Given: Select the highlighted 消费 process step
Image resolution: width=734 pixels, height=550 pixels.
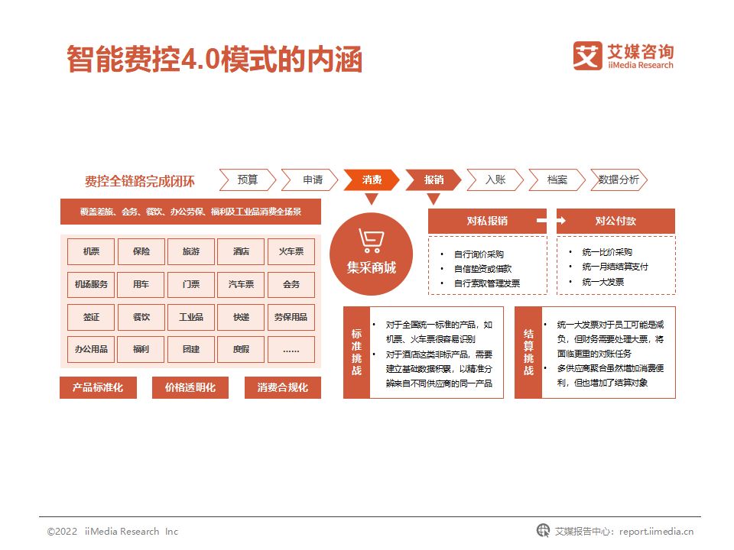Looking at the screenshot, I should (372, 180).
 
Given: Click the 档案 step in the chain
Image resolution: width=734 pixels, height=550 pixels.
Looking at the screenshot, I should (557, 180).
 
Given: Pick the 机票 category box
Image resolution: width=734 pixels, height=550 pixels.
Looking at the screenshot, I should (91, 251).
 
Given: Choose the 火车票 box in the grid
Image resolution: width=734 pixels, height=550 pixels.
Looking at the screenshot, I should (291, 251).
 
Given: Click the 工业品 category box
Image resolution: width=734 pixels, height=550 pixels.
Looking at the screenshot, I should (191, 317).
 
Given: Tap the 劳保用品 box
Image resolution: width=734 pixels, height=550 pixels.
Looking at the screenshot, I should (291, 317).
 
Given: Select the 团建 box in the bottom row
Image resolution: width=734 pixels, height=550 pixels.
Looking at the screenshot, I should (191, 350).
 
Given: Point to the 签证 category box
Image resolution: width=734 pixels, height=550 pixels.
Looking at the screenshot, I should (91, 317).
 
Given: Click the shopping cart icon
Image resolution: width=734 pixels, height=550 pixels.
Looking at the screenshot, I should (371, 241).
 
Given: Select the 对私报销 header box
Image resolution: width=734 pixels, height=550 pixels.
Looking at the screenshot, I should (487, 221).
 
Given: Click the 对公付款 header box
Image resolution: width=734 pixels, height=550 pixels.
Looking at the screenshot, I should (615, 221).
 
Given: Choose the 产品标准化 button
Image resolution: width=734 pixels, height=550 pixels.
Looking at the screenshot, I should (98, 387).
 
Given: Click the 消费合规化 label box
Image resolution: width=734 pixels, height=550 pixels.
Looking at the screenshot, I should (283, 387).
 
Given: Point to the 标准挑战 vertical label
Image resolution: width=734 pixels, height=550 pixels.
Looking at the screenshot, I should (356, 352).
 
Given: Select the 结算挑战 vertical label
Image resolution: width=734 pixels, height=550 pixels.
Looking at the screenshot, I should (528, 352).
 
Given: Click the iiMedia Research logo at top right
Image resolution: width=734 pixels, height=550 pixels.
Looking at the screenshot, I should (624, 57).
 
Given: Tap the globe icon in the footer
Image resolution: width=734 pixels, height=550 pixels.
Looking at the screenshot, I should (543, 531).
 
